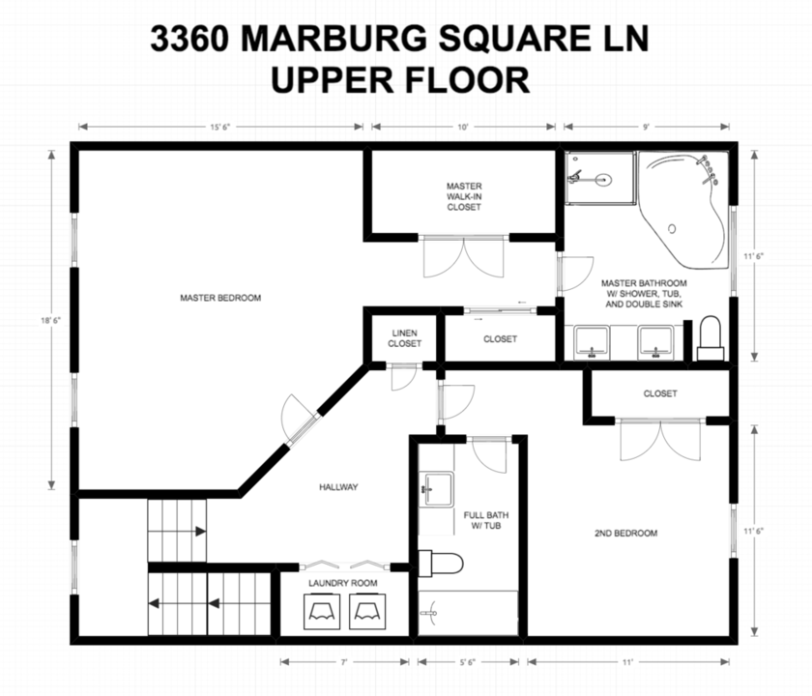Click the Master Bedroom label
[x=220, y=298]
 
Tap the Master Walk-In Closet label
[x=464, y=196]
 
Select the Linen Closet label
[x=404, y=338]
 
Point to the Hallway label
[x=338, y=487]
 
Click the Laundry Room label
[x=343, y=583]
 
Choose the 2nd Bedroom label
[x=626, y=533]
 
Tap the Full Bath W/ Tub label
[x=485, y=520]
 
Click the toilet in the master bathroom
[x=710, y=338]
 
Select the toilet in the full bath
[x=440, y=563]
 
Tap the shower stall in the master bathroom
[x=599, y=178]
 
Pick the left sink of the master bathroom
[x=592, y=342]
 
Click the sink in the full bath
[x=439, y=489]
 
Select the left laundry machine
[x=322, y=611]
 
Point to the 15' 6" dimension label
[x=219, y=127]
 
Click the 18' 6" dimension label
[x=50, y=320]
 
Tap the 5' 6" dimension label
[x=468, y=662]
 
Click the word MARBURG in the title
[x=335, y=39]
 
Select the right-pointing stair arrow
[x=199, y=532]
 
